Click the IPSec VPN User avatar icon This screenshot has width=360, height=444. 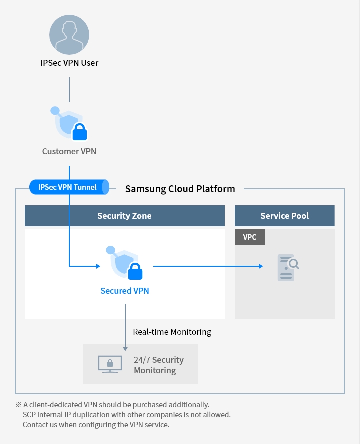coord(69,34)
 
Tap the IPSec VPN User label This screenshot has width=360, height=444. coord(69,63)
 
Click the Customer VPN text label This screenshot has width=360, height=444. coord(69,151)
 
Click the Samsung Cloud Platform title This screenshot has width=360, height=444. coord(180,189)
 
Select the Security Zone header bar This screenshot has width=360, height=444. coord(124,216)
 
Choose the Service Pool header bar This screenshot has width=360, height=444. coord(284,216)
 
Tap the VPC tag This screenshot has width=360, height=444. coord(250,237)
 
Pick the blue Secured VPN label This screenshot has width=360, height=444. coord(125,291)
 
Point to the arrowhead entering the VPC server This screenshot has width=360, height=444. coord(260,266)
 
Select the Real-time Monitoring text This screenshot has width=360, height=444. coord(172,332)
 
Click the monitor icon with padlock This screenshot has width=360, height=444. coord(108,364)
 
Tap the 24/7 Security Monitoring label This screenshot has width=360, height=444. coord(158,365)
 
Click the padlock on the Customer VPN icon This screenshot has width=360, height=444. coord(80,132)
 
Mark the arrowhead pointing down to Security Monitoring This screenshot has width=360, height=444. coord(125,348)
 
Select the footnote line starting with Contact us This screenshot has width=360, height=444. coord(96,425)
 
